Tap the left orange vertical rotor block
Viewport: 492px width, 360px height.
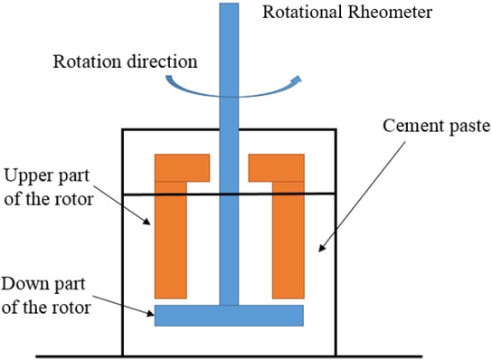pyautogui.click(x=170, y=240)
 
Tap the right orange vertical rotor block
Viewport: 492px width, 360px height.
pyautogui.click(x=288, y=240)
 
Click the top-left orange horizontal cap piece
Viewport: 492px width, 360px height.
pyautogui.click(x=182, y=167)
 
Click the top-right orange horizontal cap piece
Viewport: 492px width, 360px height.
pyautogui.click(x=276, y=167)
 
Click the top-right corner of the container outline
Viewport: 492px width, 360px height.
pyautogui.click(x=337, y=129)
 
